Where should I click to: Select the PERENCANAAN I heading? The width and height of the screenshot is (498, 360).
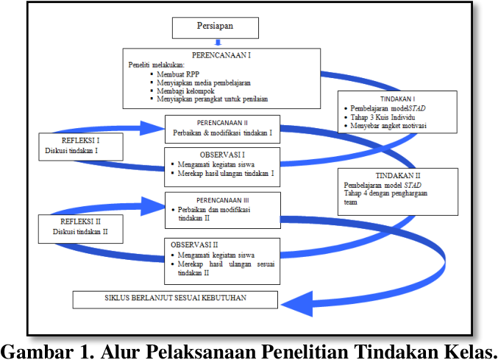point(222,55)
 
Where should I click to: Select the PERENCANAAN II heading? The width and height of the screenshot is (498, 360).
point(223,122)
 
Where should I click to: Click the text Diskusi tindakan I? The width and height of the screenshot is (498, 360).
point(71,150)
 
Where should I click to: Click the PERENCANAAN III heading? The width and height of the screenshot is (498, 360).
point(223,199)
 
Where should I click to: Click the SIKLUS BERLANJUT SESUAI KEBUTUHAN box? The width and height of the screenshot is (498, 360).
point(175,299)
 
